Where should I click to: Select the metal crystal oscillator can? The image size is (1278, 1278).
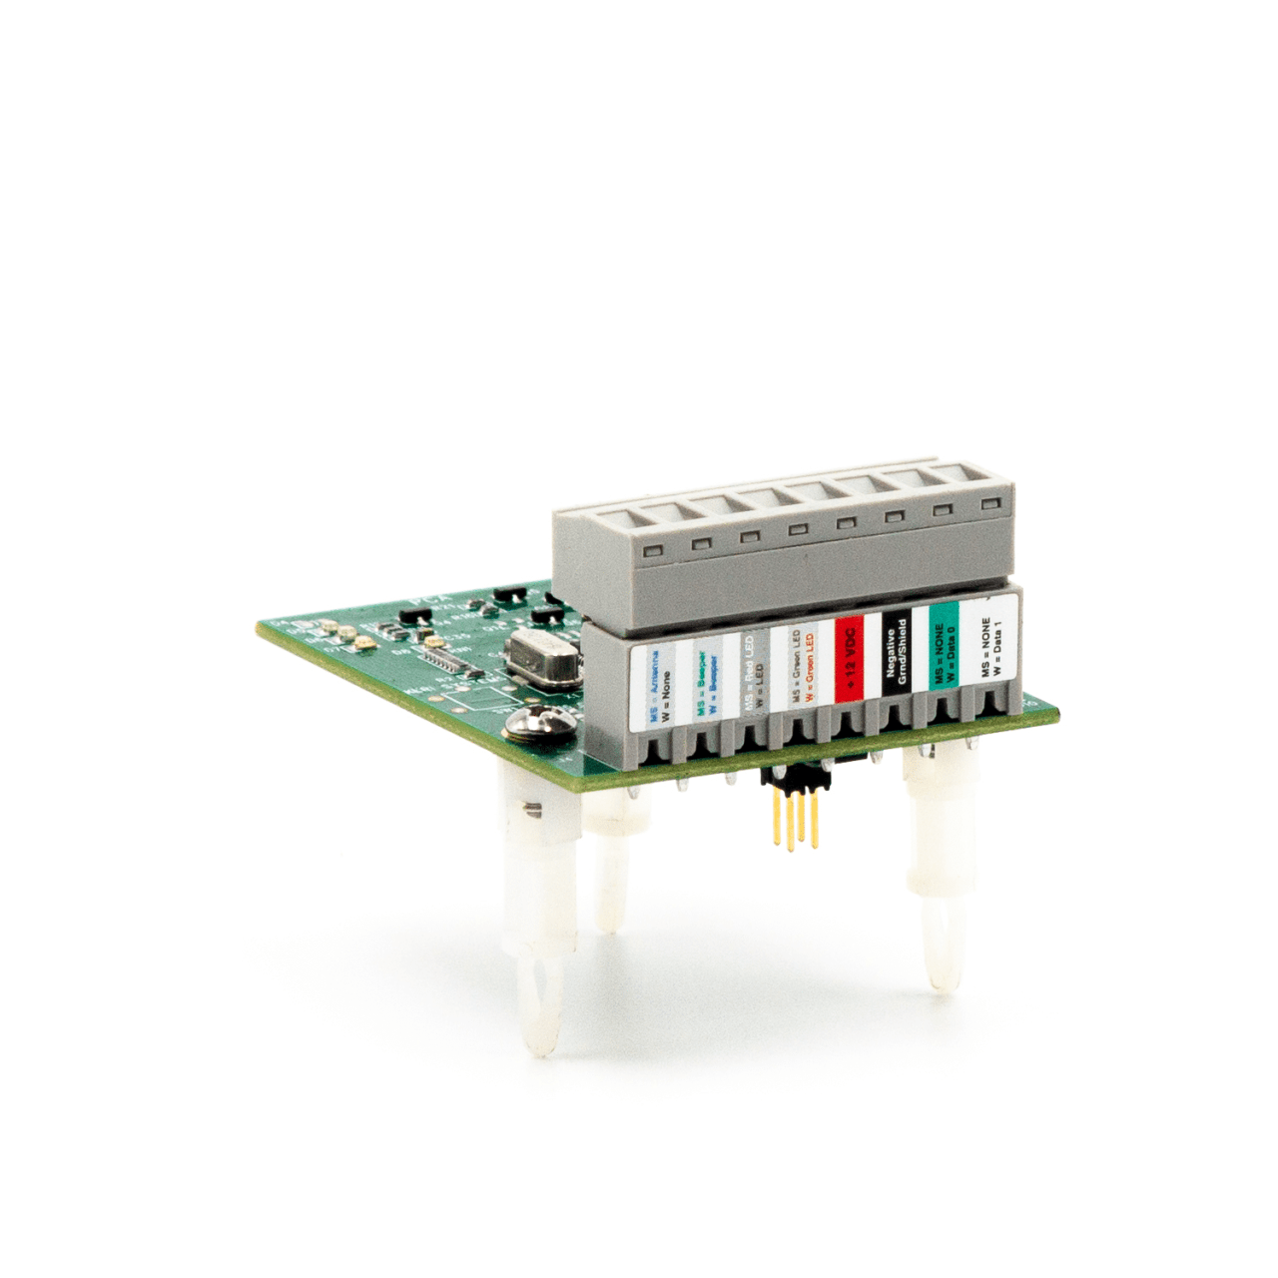click(x=541, y=658)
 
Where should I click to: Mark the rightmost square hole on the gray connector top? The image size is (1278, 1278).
click(x=989, y=505)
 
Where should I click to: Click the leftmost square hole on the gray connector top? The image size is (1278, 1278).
click(x=654, y=551)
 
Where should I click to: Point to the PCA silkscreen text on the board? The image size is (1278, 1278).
click(x=431, y=601)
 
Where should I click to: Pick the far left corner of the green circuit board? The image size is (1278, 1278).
click(x=262, y=627)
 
